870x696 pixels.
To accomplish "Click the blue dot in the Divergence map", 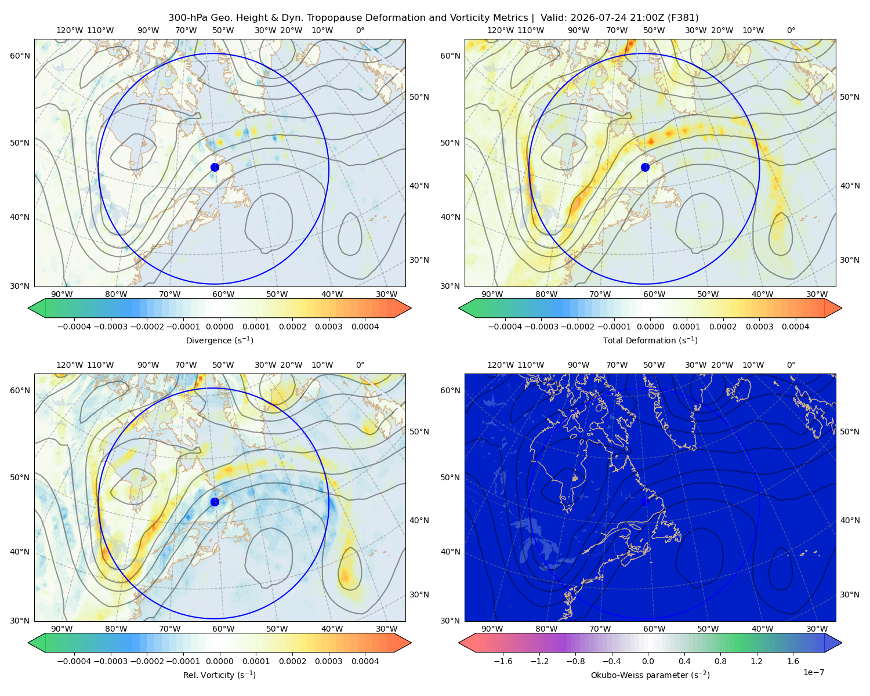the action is click(215, 167).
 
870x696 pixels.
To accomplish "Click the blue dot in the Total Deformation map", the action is click(645, 167).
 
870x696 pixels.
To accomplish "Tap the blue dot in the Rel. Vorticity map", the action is click(215, 502).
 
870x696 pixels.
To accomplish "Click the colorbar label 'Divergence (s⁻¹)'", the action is click(219, 340).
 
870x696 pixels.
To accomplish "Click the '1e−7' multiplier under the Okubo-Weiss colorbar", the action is click(813, 672).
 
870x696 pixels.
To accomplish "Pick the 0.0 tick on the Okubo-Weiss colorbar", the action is click(648, 661).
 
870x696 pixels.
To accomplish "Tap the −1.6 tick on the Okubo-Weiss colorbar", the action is click(503, 661).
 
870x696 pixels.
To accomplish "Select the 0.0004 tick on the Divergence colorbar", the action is click(365, 327).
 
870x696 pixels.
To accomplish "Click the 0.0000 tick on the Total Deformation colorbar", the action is click(650, 327).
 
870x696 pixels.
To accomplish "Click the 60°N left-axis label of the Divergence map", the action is click(20, 56).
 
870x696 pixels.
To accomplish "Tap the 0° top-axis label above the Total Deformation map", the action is click(791, 30).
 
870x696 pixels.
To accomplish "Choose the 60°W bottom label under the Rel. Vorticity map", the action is click(223, 629).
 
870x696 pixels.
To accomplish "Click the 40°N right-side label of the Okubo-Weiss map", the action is click(850, 520).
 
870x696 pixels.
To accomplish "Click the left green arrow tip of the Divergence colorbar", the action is click(28, 308).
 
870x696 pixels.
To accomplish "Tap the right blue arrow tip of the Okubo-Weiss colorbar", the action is click(842, 643).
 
